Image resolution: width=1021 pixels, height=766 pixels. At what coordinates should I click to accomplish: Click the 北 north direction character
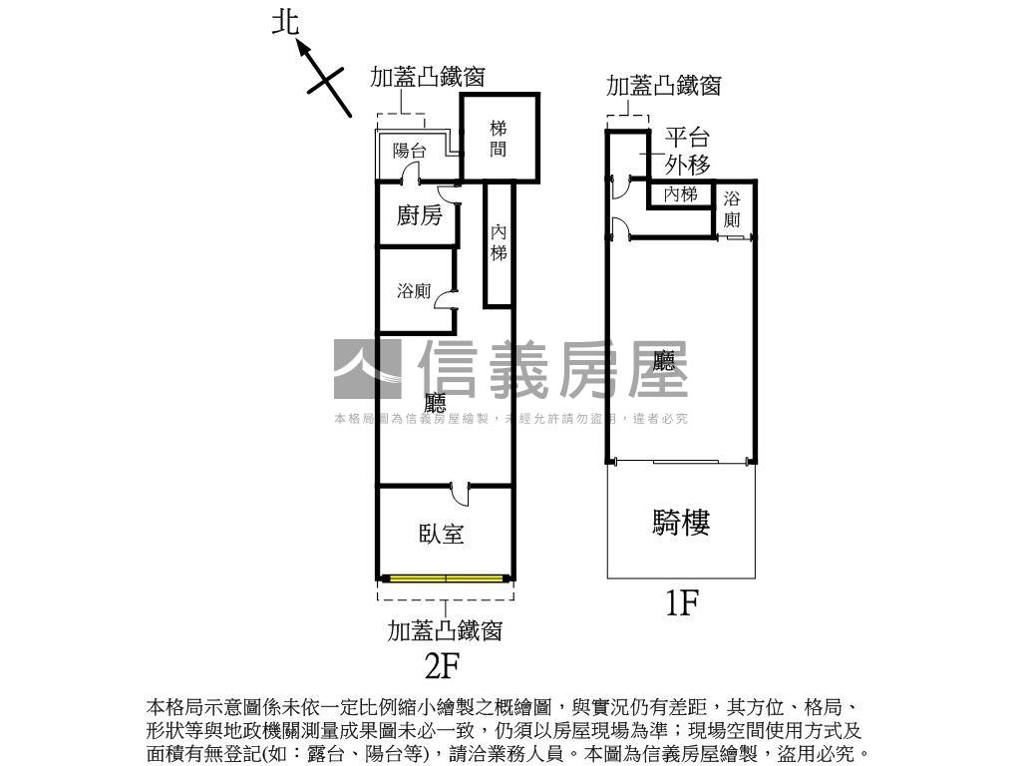(x=286, y=24)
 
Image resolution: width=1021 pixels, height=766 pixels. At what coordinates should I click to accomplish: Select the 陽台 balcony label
(x=409, y=152)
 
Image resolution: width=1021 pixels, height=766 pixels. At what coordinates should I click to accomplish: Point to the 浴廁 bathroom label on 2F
(x=414, y=291)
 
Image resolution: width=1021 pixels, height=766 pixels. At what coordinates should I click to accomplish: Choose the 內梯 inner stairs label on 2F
(x=499, y=242)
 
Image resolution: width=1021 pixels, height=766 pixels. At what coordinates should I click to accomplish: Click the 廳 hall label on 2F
(x=436, y=404)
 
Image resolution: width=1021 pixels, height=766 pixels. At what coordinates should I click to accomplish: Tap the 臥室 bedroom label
(x=441, y=534)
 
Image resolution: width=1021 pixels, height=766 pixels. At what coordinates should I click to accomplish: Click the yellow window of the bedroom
(x=446, y=577)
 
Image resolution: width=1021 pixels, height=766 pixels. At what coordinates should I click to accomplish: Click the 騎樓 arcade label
(x=681, y=522)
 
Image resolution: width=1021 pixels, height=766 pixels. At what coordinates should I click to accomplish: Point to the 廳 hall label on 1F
(x=669, y=361)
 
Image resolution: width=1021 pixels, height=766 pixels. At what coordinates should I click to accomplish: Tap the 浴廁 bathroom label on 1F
(x=733, y=208)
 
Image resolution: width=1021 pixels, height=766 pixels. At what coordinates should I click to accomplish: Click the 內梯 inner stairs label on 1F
(x=680, y=194)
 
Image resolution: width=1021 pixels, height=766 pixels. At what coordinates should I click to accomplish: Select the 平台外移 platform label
(x=687, y=151)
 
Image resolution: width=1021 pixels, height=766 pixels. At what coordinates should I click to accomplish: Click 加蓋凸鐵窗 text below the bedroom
(x=445, y=630)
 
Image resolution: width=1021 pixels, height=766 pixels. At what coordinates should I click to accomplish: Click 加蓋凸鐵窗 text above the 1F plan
(x=663, y=86)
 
